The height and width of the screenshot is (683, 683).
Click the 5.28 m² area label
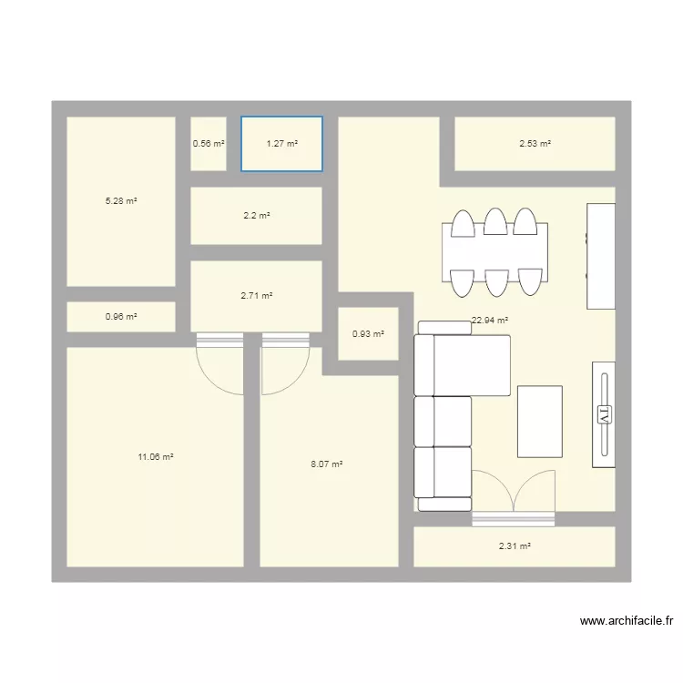tap(121, 201)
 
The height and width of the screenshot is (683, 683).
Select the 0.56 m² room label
tap(208, 143)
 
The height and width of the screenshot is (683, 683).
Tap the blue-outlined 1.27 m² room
tap(281, 143)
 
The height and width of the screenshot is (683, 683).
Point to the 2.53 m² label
tap(535, 143)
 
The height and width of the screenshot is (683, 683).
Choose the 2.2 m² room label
tap(256, 216)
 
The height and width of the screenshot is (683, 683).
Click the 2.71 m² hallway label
tap(256, 296)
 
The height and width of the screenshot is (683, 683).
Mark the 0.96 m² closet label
tap(120, 317)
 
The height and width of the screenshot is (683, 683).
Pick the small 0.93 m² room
tap(368, 334)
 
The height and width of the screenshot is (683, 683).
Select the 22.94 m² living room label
tap(489, 321)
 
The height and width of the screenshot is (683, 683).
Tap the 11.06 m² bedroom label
tap(156, 457)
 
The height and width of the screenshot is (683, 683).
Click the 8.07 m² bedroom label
tap(326, 464)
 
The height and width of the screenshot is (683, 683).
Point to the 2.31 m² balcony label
tap(515, 546)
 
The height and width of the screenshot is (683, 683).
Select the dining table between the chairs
tap(494, 252)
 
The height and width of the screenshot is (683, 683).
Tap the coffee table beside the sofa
tap(539, 421)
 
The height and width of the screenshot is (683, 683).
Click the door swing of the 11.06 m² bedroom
tap(219, 369)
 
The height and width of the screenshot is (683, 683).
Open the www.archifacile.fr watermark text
tap(627, 622)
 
